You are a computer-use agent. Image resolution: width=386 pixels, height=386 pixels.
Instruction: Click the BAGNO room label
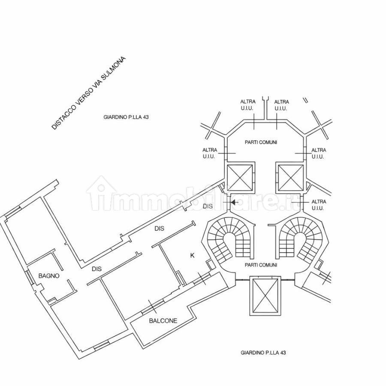pos(49,276)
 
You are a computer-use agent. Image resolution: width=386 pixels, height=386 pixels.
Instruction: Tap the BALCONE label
pos(163,321)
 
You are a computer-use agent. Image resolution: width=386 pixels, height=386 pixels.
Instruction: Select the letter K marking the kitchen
pos(192,256)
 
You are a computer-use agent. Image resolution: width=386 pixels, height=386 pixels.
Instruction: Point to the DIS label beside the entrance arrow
pos(208,206)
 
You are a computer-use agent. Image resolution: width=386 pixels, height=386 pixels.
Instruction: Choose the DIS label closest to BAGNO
pos(97,269)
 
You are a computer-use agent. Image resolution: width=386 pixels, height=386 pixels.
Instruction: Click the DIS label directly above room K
pos(159,229)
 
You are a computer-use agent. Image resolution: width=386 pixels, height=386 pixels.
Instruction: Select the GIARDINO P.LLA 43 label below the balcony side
pos(263,353)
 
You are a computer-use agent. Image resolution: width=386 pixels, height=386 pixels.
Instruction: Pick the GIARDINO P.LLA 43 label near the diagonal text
pos(126,117)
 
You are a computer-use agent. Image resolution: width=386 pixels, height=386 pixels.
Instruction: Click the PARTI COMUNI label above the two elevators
pos(261,142)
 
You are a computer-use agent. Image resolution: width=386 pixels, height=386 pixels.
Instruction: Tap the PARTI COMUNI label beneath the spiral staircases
pos(261,265)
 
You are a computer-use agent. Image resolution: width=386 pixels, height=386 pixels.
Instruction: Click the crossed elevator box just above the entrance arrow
pos(240,178)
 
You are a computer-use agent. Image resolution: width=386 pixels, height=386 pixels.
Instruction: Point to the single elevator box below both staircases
pos(265,296)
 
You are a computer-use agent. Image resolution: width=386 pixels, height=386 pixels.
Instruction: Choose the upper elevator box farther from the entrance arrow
pos(290,178)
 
